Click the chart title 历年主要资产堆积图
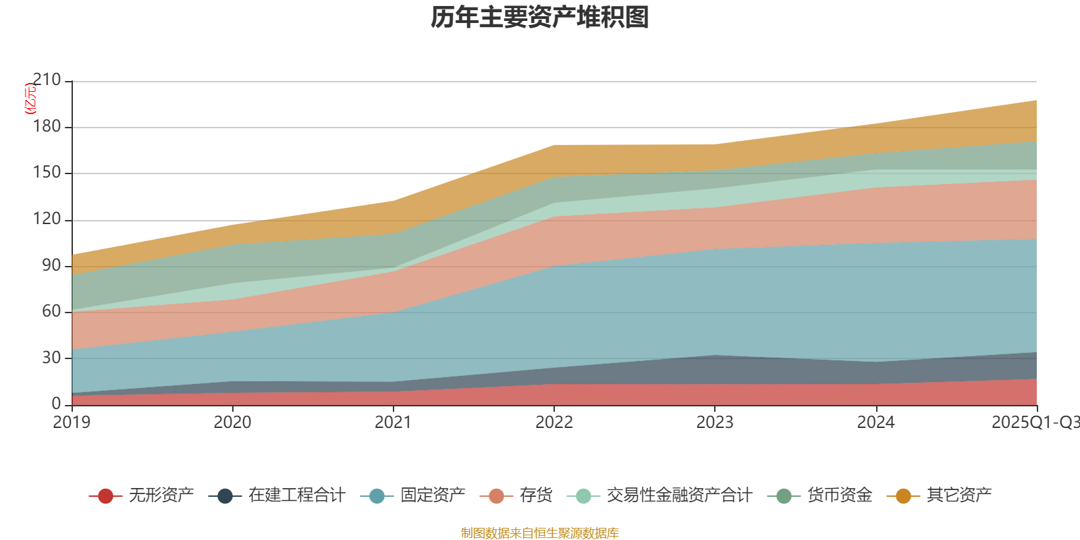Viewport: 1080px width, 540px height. click(540, 18)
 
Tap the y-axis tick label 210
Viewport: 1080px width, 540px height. click(47, 80)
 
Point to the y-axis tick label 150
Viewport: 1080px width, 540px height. click(47, 173)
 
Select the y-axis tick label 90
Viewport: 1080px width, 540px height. click(51, 265)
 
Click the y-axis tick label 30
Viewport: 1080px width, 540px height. click(51, 358)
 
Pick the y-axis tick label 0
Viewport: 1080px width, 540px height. click(56, 404)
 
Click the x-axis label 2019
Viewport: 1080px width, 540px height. click(72, 423)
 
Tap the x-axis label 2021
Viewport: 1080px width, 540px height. click(393, 423)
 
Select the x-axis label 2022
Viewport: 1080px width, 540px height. click(553, 423)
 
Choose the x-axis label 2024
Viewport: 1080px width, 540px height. click(875, 423)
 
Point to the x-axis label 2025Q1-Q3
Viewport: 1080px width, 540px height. click(1035, 423)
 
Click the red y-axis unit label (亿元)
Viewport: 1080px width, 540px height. click(30, 99)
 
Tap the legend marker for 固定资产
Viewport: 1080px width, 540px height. click(377, 496)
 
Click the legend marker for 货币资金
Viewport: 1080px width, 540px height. click(784, 496)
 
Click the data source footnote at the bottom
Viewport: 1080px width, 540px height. click(540, 533)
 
